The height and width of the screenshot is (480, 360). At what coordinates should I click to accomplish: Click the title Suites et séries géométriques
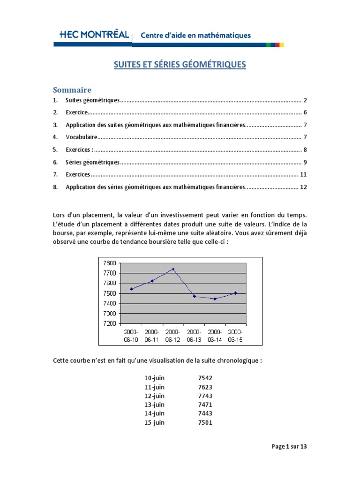tap(180, 65)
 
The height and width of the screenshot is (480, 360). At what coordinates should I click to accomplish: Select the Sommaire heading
tap(72, 90)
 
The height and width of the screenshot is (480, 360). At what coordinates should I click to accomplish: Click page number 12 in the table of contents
tap(303, 187)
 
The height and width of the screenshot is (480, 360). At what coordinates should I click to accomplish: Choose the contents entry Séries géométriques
tap(92, 162)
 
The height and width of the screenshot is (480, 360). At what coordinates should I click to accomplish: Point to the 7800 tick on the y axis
tap(109, 263)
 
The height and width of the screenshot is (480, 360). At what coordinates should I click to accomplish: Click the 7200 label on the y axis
tap(109, 323)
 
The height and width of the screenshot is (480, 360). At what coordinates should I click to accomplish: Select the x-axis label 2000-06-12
tap(173, 336)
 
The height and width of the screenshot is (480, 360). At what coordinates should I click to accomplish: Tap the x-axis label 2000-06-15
tap(236, 336)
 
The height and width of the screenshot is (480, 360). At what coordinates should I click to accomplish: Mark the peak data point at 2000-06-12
tap(173, 269)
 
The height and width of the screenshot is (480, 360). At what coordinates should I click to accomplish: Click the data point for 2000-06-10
tap(131, 289)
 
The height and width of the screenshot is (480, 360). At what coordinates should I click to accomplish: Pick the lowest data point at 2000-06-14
tap(215, 299)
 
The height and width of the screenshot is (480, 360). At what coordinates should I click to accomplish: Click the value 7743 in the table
tap(205, 396)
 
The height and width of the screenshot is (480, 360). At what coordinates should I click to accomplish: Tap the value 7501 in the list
tap(205, 422)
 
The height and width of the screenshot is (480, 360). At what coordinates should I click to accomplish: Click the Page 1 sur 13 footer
tap(289, 447)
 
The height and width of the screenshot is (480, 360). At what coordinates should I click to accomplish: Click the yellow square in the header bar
tap(282, 45)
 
